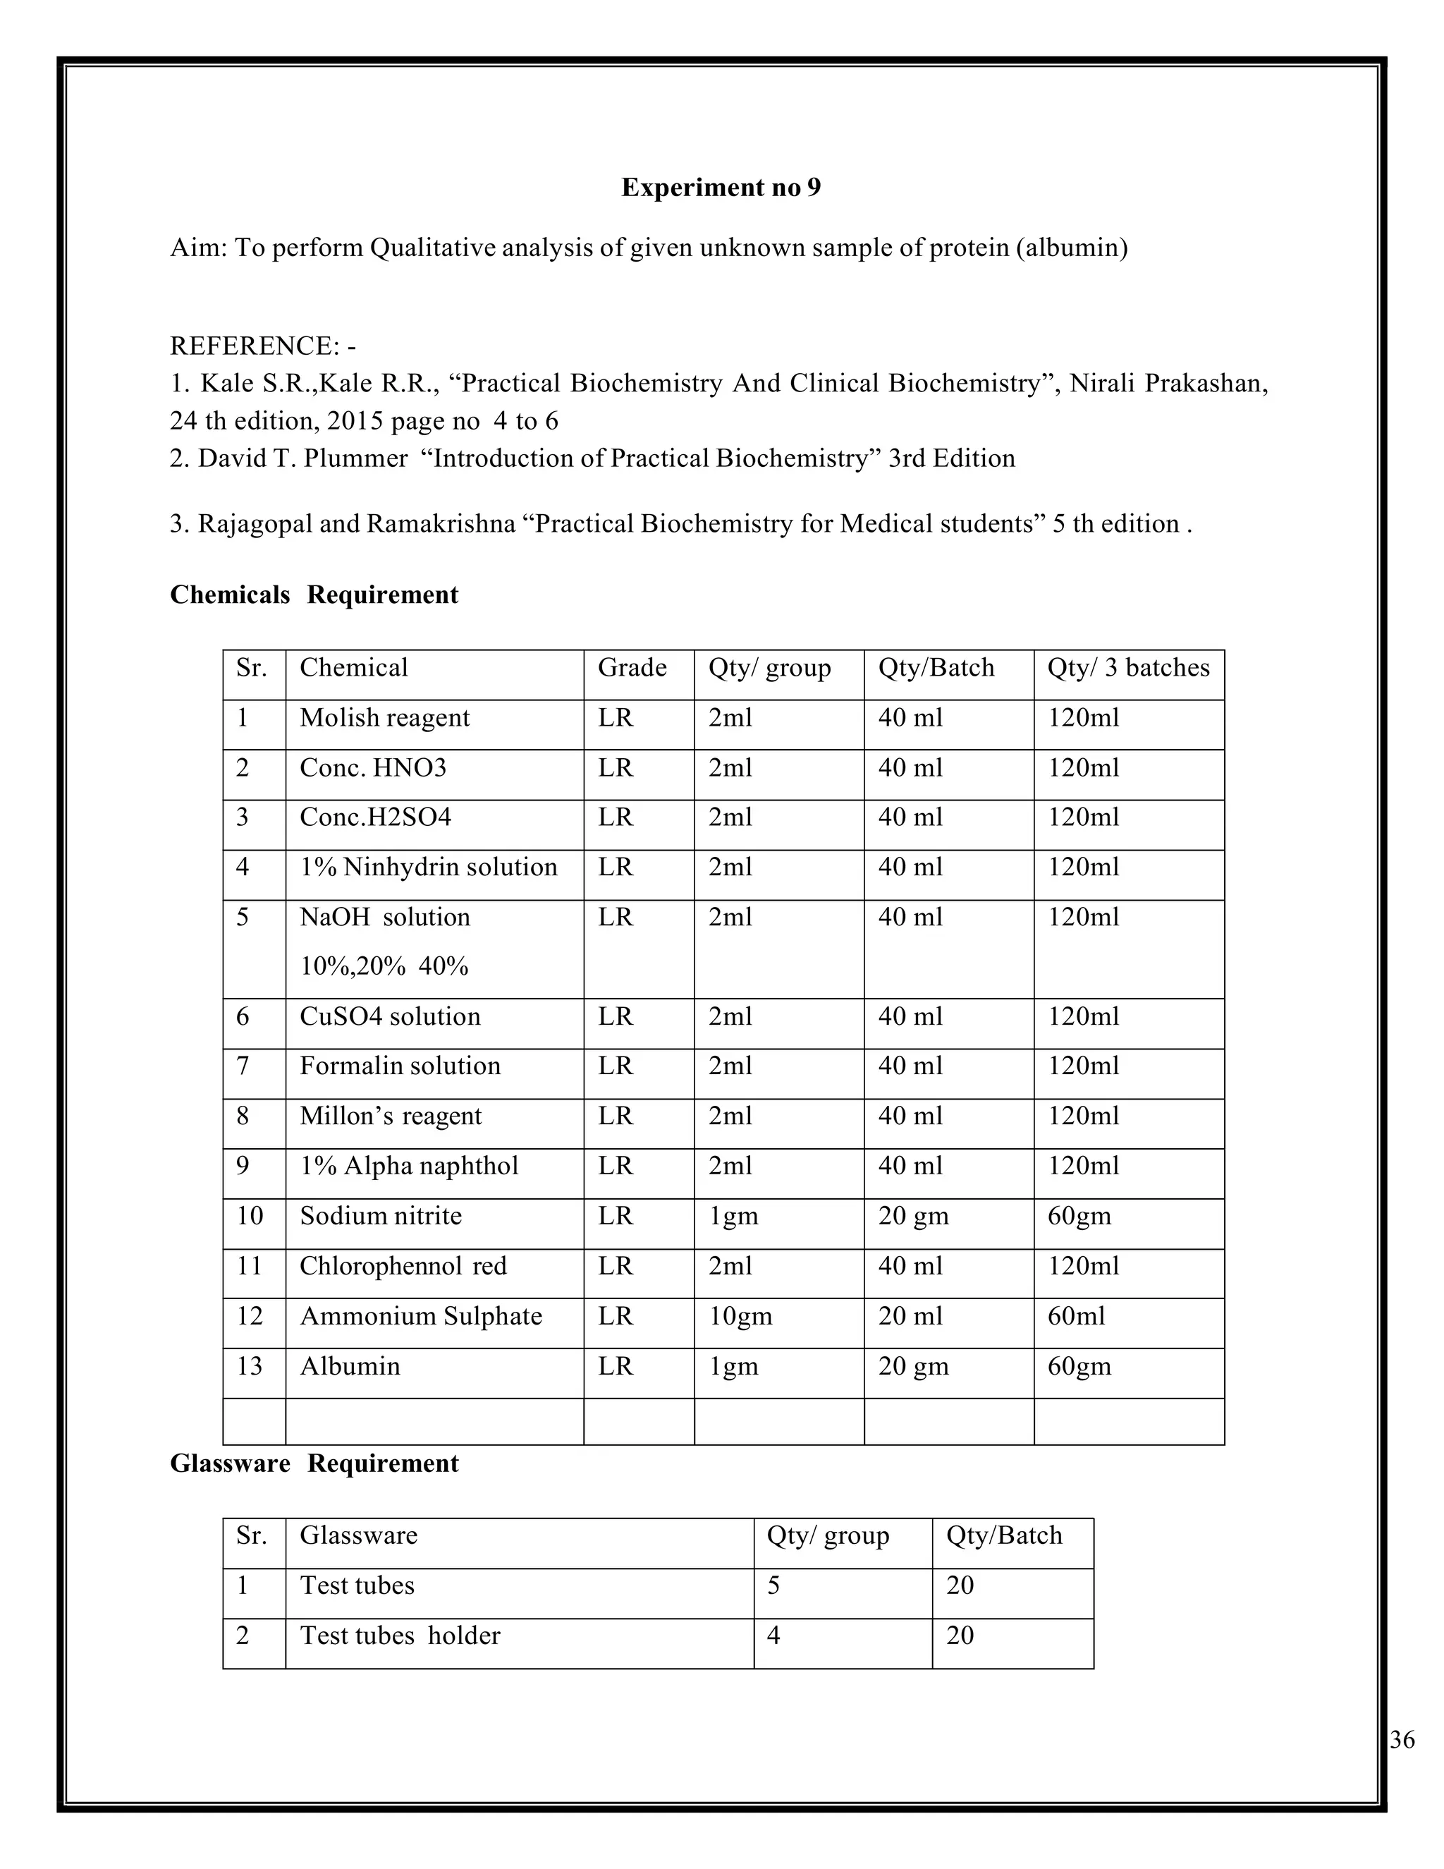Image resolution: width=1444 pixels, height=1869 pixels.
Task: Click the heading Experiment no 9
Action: [721, 188]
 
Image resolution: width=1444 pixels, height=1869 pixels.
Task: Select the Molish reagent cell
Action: [384, 718]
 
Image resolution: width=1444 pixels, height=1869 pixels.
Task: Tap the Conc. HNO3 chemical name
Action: [373, 767]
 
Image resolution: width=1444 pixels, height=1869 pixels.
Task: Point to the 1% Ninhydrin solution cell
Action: [428, 867]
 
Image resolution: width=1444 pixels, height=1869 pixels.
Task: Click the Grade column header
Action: [632, 667]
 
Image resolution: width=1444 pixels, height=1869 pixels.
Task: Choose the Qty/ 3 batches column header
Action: [1127, 667]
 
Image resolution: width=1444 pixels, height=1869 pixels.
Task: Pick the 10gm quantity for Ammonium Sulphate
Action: [740, 1316]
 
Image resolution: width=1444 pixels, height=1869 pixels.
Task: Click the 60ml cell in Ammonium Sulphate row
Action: [1076, 1316]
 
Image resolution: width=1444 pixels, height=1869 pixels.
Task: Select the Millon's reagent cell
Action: [390, 1116]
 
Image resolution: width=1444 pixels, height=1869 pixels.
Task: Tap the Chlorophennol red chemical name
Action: [403, 1267]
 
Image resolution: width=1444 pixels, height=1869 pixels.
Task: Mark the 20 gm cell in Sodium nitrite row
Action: [913, 1217]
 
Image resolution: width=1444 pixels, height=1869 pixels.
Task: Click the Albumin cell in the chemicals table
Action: [350, 1367]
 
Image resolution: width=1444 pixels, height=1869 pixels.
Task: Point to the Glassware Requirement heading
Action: [314, 1463]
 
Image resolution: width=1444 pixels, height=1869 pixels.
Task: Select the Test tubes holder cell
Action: [400, 1636]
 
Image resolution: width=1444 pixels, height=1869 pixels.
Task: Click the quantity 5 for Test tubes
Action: [773, 1585]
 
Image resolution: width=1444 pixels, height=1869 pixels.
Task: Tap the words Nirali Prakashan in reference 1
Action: [1167, 384]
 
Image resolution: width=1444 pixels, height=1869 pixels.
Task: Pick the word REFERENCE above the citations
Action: [254, 346]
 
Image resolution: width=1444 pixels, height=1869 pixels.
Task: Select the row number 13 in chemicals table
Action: [249, 1367]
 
